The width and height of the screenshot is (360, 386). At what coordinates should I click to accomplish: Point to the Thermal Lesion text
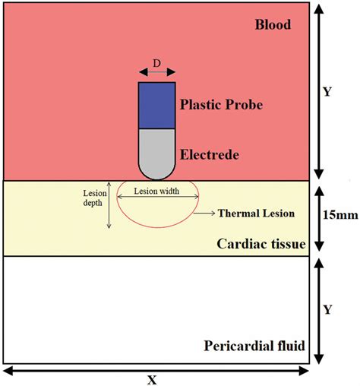coord(257,214)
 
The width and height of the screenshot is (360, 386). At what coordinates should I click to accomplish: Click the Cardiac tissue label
coord(261,244)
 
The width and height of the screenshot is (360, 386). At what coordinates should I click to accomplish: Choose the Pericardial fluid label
coord(254,346)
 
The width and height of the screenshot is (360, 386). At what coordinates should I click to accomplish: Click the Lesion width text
coord(156,191)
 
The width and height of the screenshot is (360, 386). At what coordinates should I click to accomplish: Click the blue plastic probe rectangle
coord(156,105)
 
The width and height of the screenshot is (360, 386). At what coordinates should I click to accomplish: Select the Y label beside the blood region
coord(328,92)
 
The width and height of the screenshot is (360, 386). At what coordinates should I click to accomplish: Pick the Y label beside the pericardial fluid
coord(328,310)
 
